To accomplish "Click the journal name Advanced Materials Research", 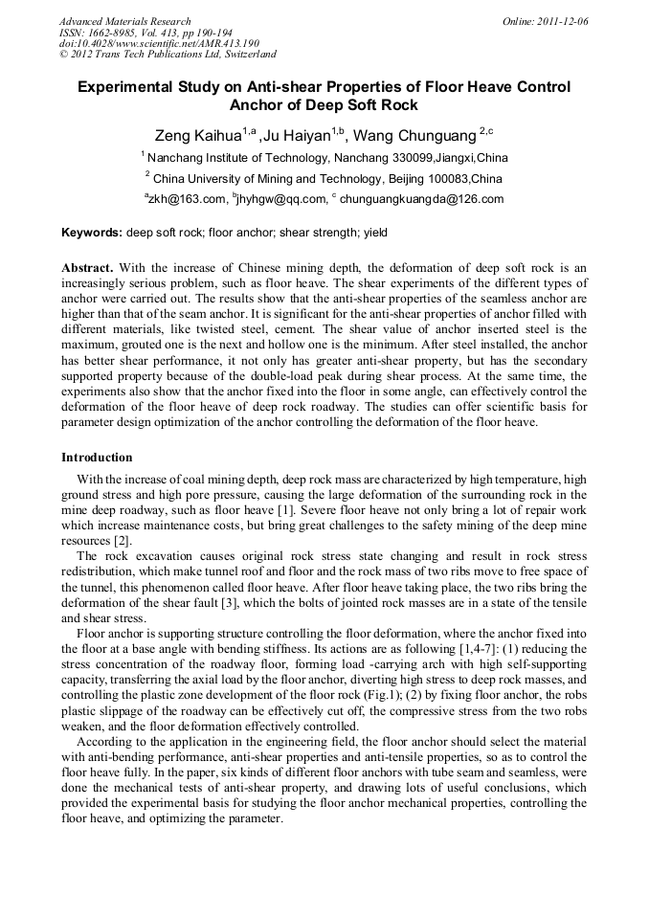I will (124, 21).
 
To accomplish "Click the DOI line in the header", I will (159, 43).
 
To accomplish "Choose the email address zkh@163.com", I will (187, 199).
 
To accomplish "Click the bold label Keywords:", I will (92, 233).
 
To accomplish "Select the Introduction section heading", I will (97, 457).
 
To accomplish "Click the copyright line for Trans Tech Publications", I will (168, 55).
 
